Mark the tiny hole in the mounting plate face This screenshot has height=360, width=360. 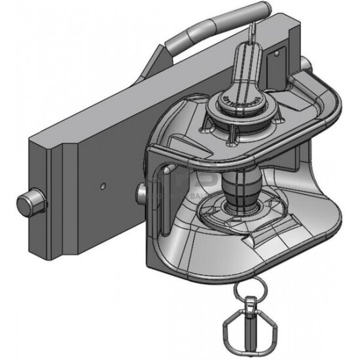[103, 185]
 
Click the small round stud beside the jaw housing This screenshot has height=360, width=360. [141, 190]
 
